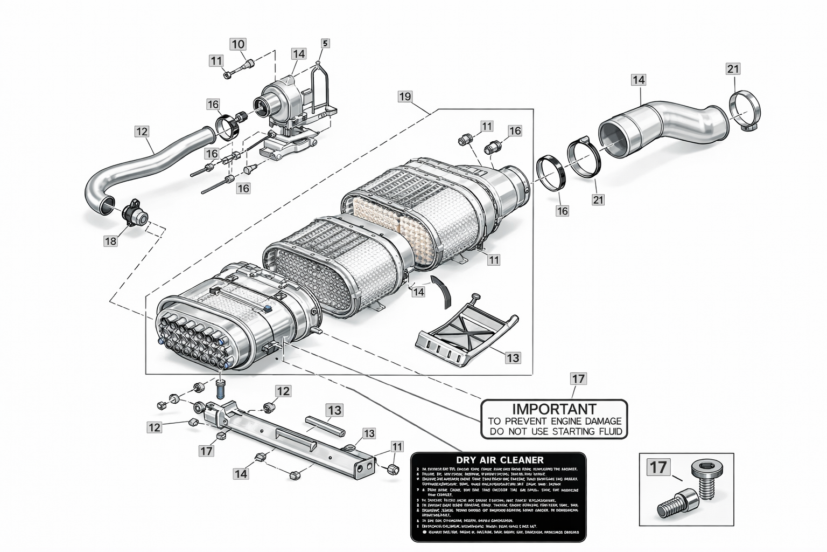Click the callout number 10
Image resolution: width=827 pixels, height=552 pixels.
coord(239,44)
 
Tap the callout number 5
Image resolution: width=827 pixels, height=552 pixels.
coord(325,43)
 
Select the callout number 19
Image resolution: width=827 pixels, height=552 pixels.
coord(405,96)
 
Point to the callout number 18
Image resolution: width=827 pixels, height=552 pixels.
coord(110,241)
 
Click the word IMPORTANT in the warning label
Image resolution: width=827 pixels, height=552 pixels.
coord(553,409)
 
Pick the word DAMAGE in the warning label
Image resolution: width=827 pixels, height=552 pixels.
coord(599,421)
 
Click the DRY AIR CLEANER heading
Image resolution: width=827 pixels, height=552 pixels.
coord(500,460)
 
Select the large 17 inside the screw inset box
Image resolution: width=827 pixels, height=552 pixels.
coord(658,467)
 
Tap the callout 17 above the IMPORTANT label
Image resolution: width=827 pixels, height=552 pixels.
coord(578,379)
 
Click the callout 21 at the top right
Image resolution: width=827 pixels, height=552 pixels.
coord(733,68)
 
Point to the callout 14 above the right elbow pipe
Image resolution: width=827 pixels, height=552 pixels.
coord(639,80)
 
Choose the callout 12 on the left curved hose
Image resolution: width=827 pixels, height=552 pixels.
coord(141,131)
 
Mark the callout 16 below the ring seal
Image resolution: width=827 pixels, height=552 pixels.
coord(562,211)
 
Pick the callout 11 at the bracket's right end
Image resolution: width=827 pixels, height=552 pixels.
coord(397,446)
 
